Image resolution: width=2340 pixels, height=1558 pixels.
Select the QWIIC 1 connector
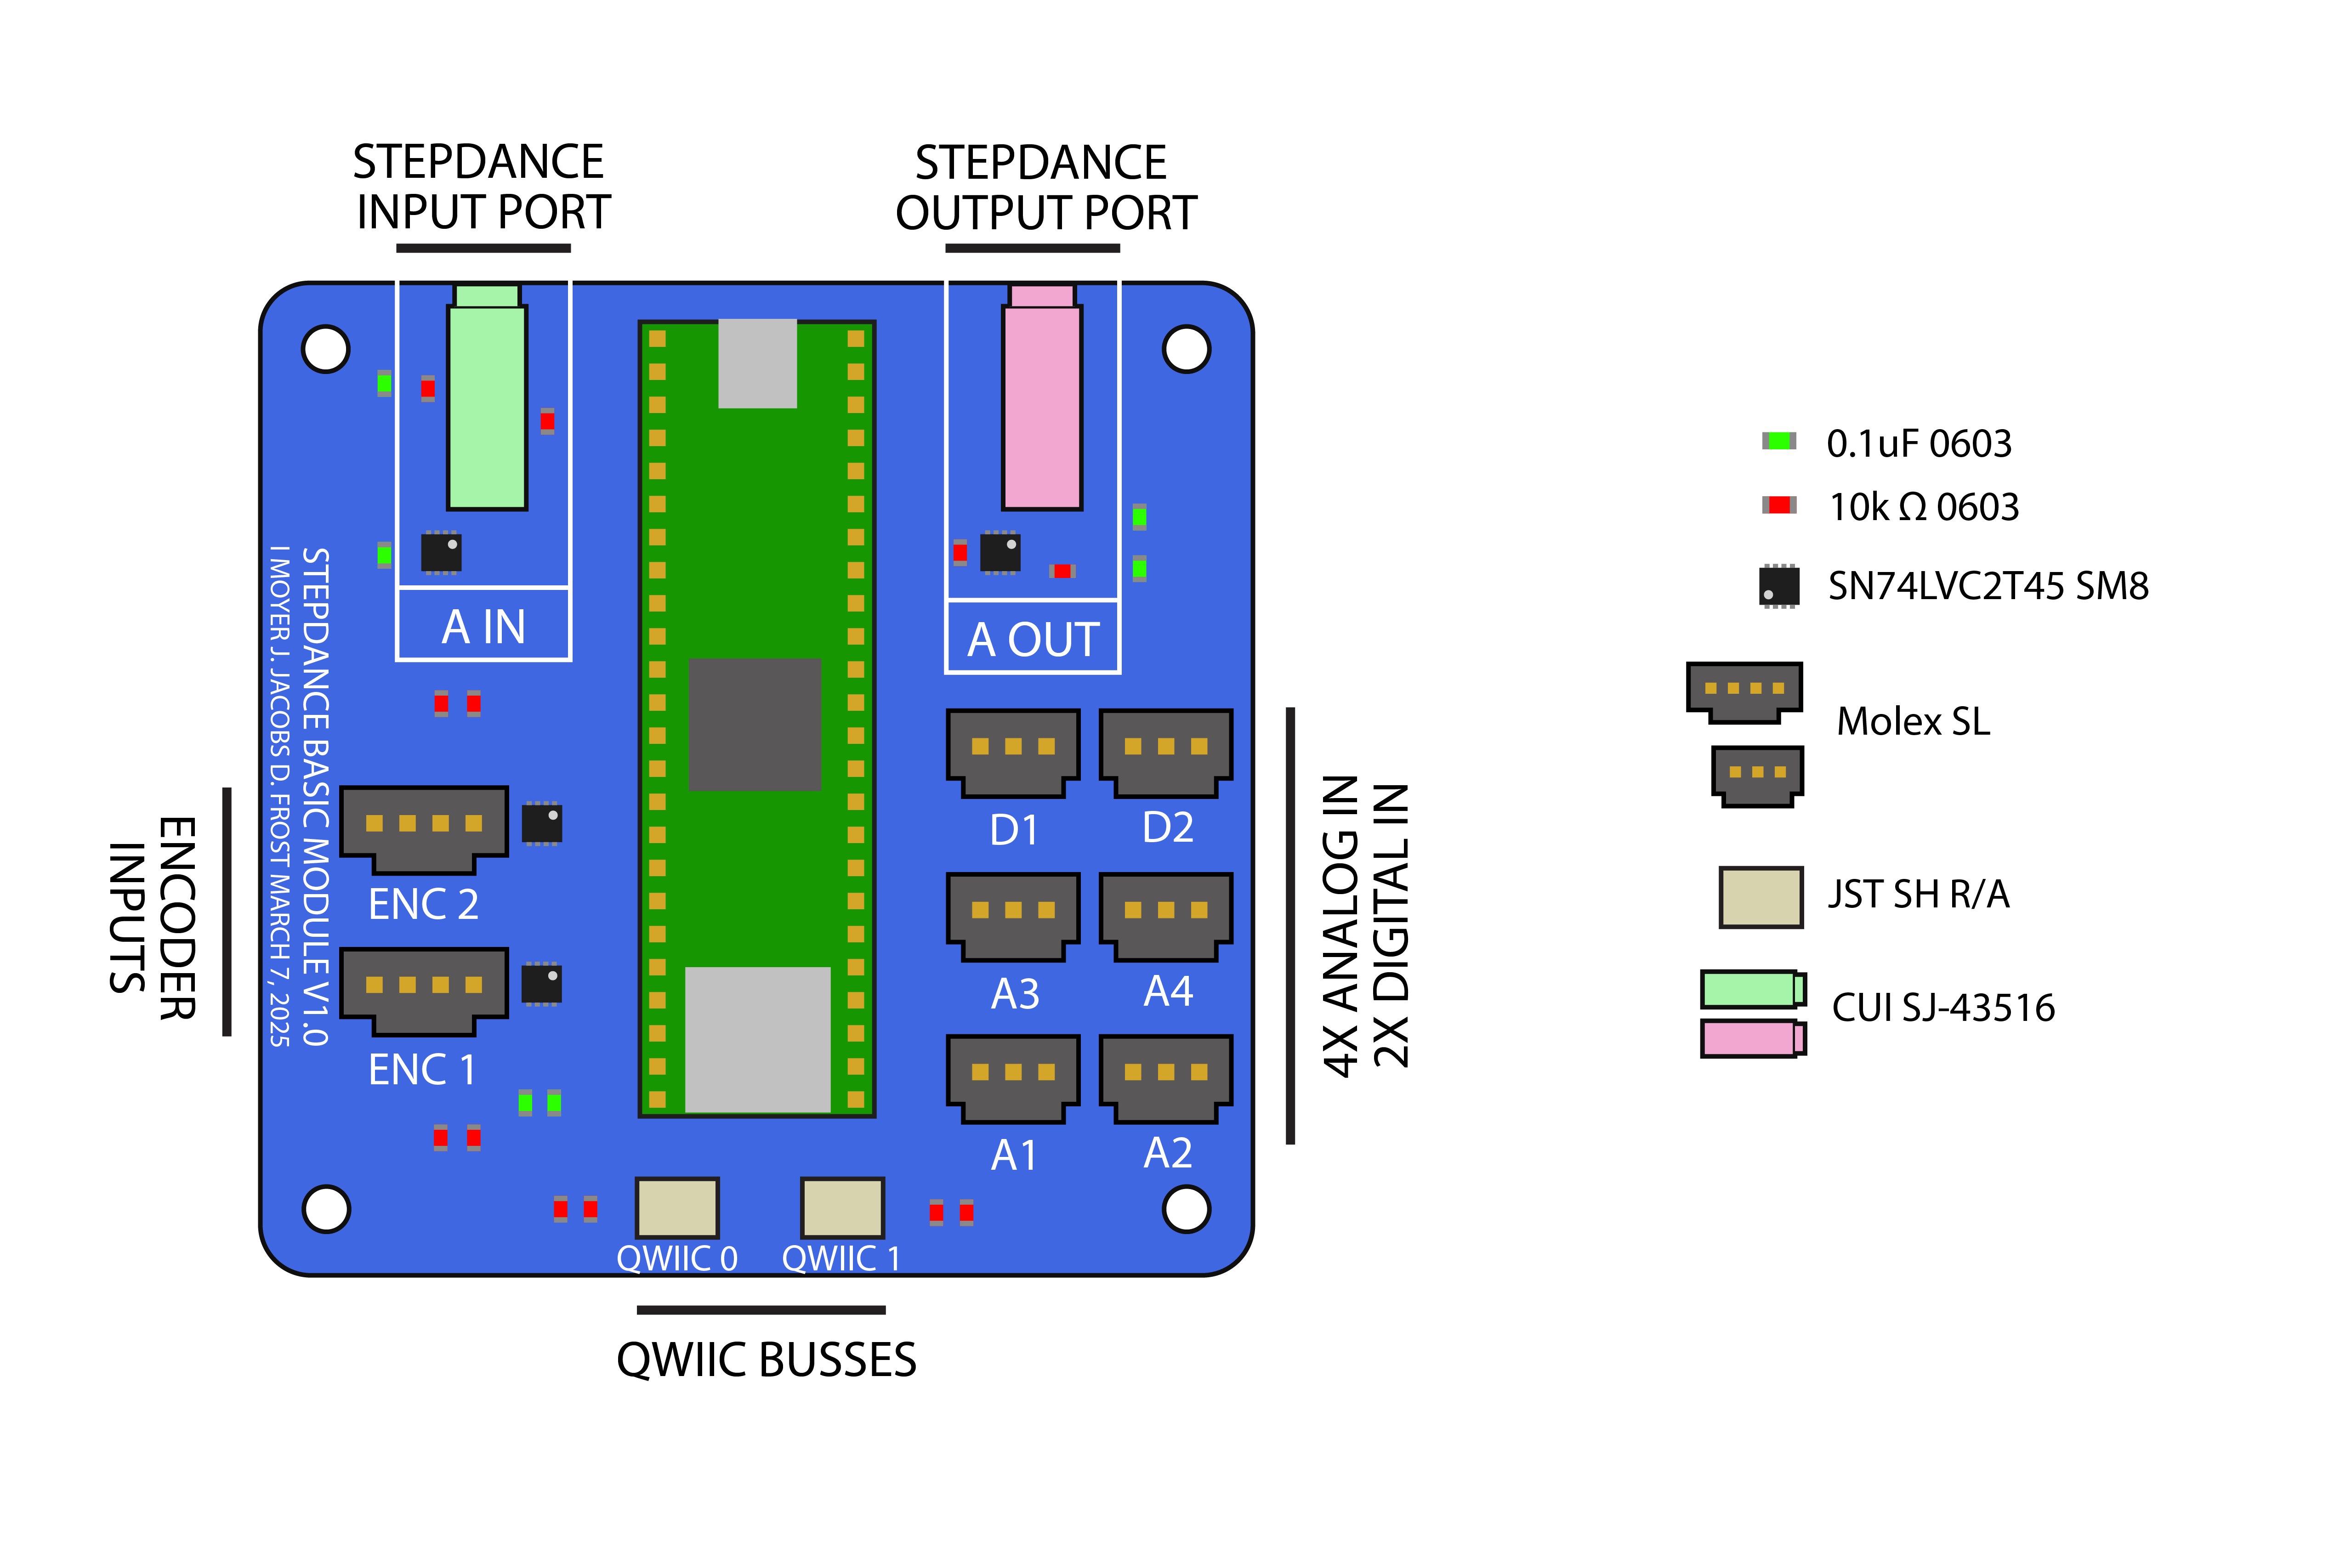[841, 1207]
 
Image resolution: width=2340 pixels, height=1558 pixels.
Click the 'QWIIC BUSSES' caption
[766, 1359]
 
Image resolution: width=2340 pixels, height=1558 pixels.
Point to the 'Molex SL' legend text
[1913, 721]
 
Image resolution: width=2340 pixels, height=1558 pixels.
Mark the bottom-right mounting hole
[1187, 1209]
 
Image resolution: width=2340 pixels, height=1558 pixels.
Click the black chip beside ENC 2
[541, 823]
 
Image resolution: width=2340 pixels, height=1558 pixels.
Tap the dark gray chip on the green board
[755, 723]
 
